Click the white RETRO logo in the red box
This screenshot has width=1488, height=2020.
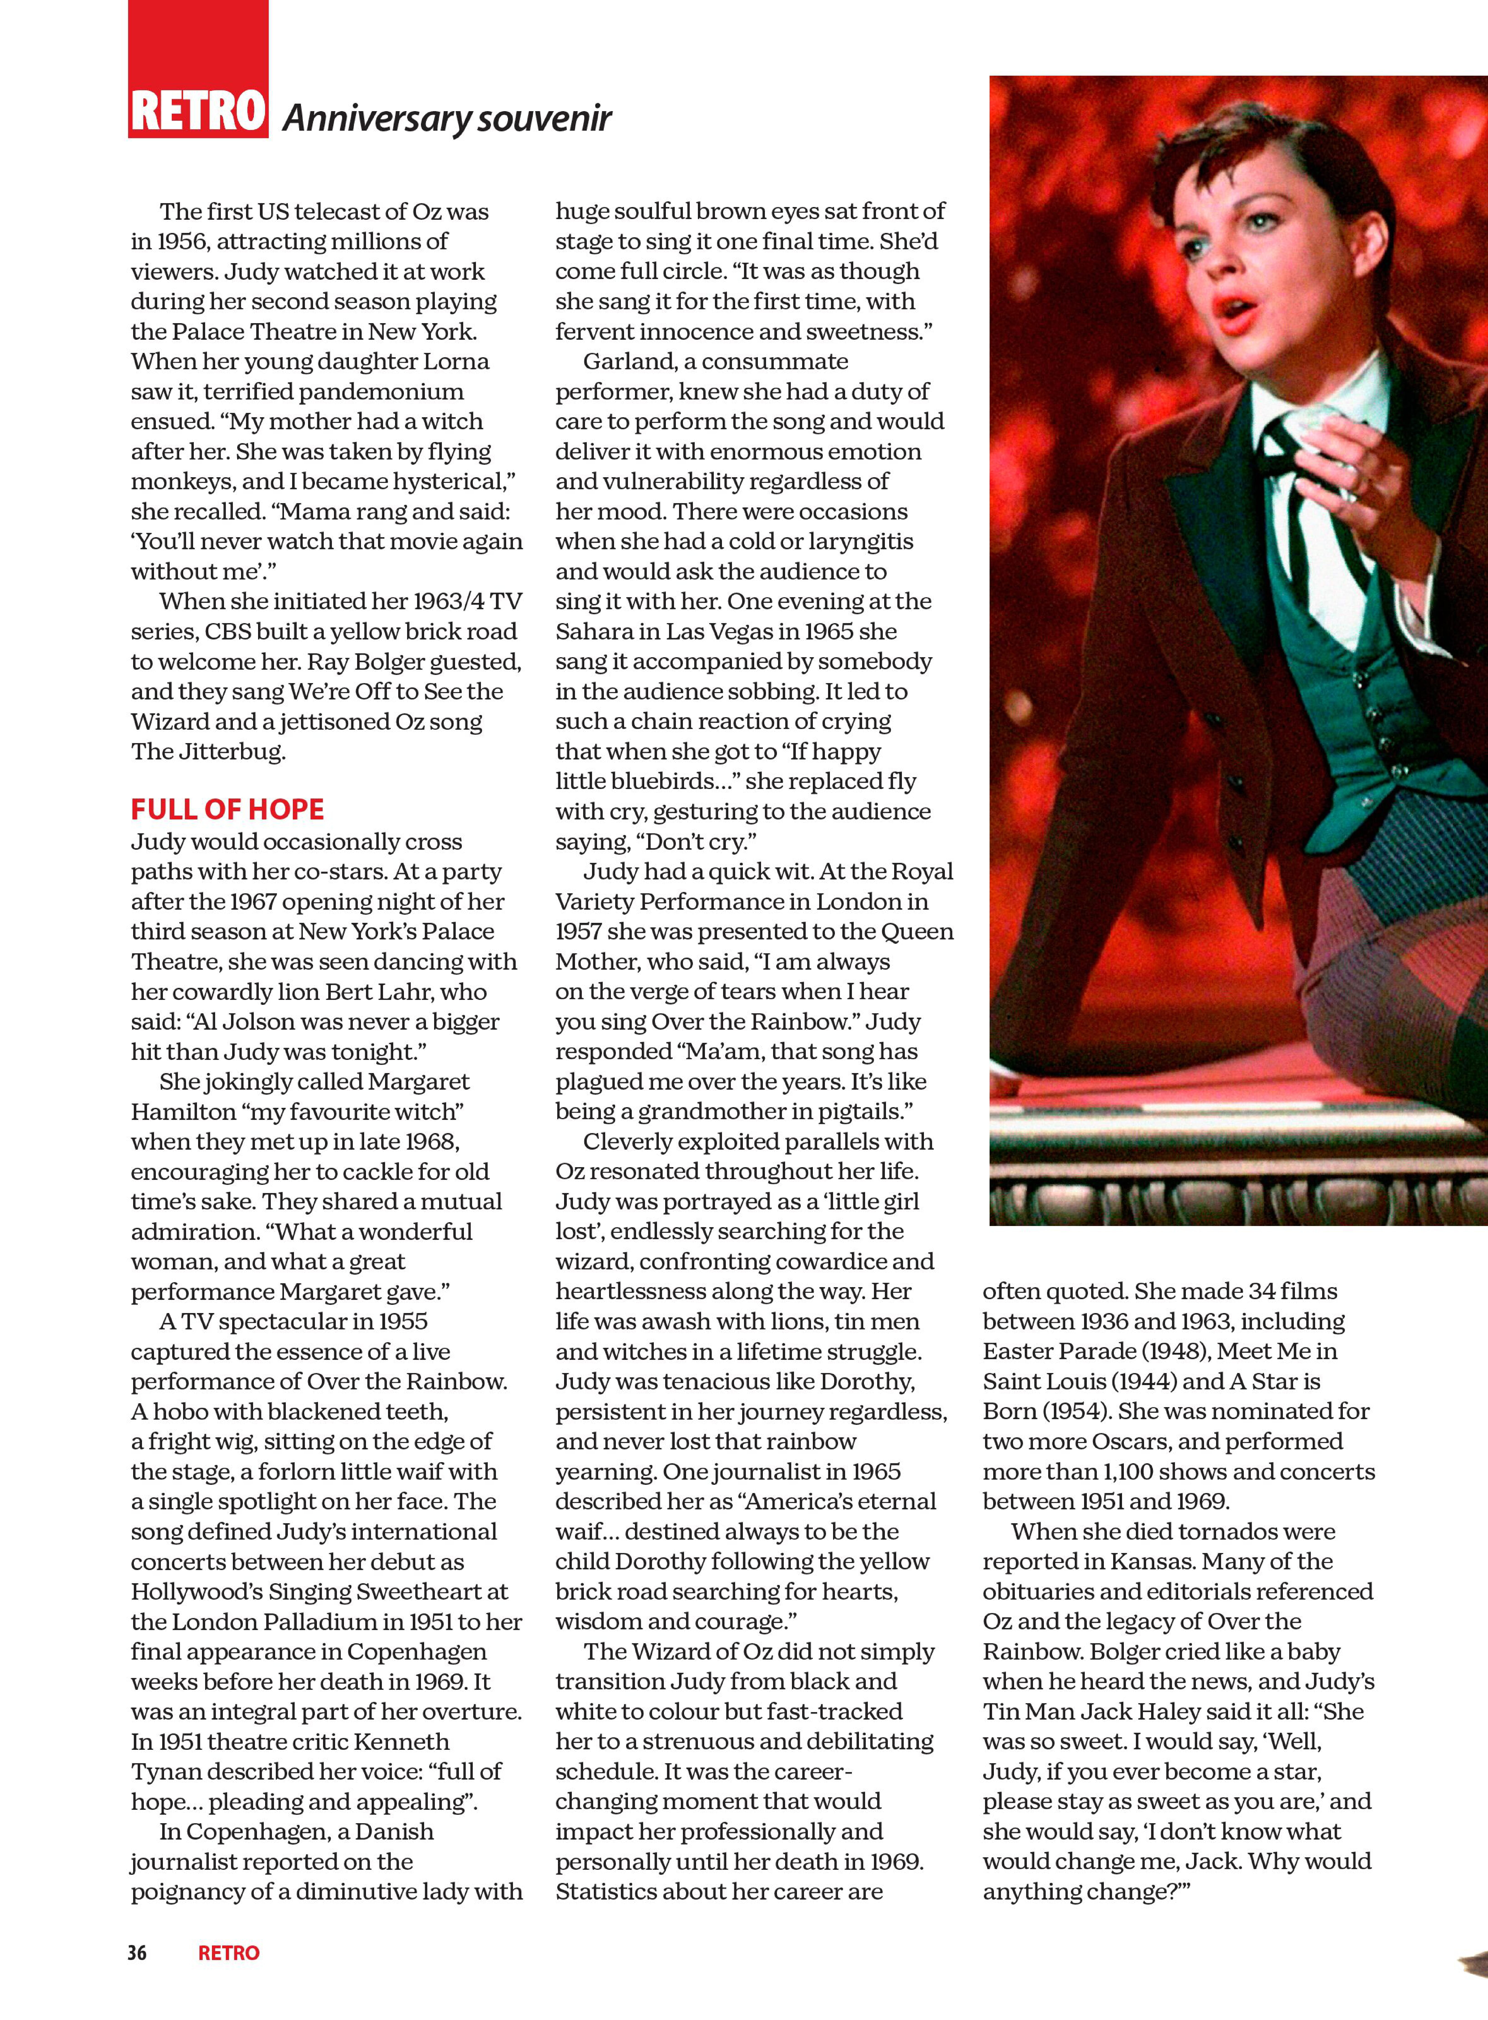(x=198, y=112)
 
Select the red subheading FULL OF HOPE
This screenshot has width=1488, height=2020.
(x=227, y=809)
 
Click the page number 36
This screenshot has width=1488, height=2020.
(x=137, y=1953)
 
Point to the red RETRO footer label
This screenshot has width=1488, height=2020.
(x=229, y=1953)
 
